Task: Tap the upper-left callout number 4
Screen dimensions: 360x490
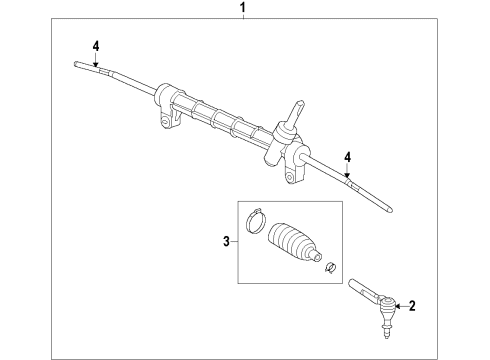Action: coord(97,45)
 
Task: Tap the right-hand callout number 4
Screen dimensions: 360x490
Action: coord(346,156)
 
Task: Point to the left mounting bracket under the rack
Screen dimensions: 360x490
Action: coord(166,119)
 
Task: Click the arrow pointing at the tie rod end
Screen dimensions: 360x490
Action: coord(400,307)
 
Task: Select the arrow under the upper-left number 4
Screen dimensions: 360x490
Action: coord(97,61)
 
